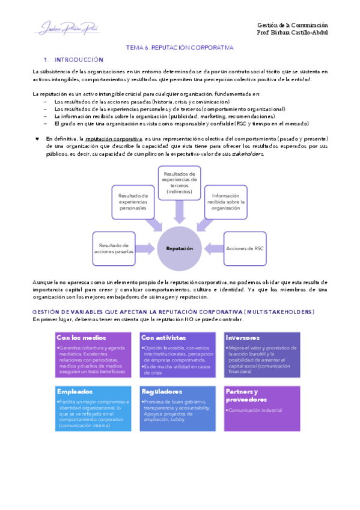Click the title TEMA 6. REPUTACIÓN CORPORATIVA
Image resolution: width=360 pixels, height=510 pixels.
(x=179, y=47)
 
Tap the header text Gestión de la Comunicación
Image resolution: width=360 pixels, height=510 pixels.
(x=292, y=25)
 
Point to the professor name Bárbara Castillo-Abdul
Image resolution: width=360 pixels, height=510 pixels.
(x=292, y=32)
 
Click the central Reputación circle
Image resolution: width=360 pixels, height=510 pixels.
(x=179, y=248)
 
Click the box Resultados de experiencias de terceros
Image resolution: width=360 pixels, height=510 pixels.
(x=179, y=183)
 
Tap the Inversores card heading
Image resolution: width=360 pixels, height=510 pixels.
(x=243, y=338)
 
